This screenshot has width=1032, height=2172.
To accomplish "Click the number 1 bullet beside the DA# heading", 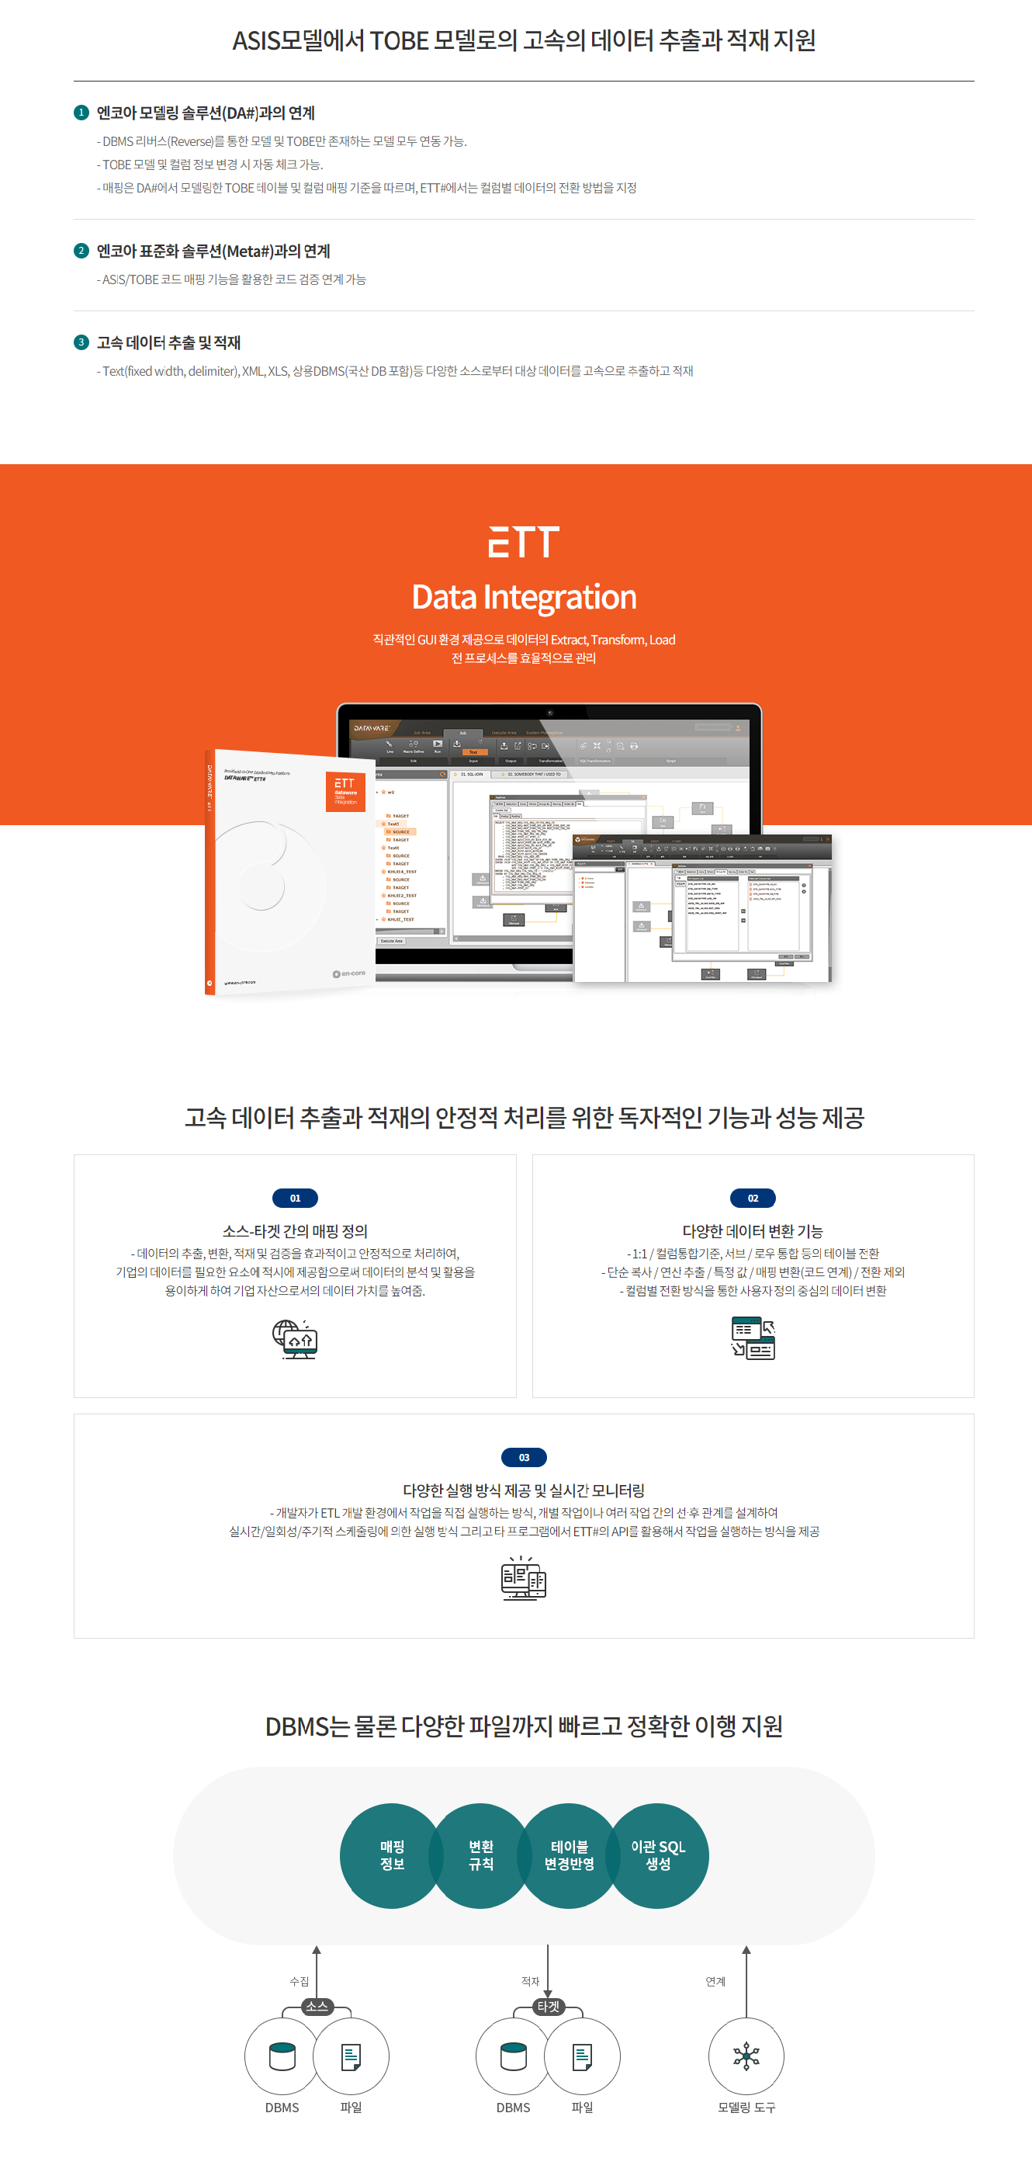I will point(81,112).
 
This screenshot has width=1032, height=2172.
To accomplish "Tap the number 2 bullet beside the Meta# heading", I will point(81,251).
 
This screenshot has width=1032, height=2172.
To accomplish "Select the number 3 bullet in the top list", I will point(81,342).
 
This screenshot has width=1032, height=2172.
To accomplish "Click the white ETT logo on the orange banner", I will point(524,542).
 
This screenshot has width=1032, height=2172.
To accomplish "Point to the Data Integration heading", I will point(524,597).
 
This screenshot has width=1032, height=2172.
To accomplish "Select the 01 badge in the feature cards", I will point(295,1197).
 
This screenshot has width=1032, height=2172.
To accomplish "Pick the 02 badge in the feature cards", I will point(753,1197).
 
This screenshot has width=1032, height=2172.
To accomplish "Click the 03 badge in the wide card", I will point(524,1457).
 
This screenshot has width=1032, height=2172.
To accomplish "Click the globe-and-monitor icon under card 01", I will point(295,1339).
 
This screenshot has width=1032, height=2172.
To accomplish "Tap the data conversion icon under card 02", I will point(753,1338).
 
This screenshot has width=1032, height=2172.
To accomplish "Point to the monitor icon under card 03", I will point(524,1577).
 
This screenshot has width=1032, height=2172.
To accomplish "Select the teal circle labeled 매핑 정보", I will point(392,1855).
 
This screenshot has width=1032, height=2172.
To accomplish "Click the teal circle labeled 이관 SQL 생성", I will point(658,1855).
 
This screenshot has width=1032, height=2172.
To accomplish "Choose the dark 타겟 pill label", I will point(548,2006).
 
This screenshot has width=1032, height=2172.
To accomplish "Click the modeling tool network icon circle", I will point(746,2056).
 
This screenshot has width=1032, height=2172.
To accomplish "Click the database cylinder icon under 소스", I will point(282,2056).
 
